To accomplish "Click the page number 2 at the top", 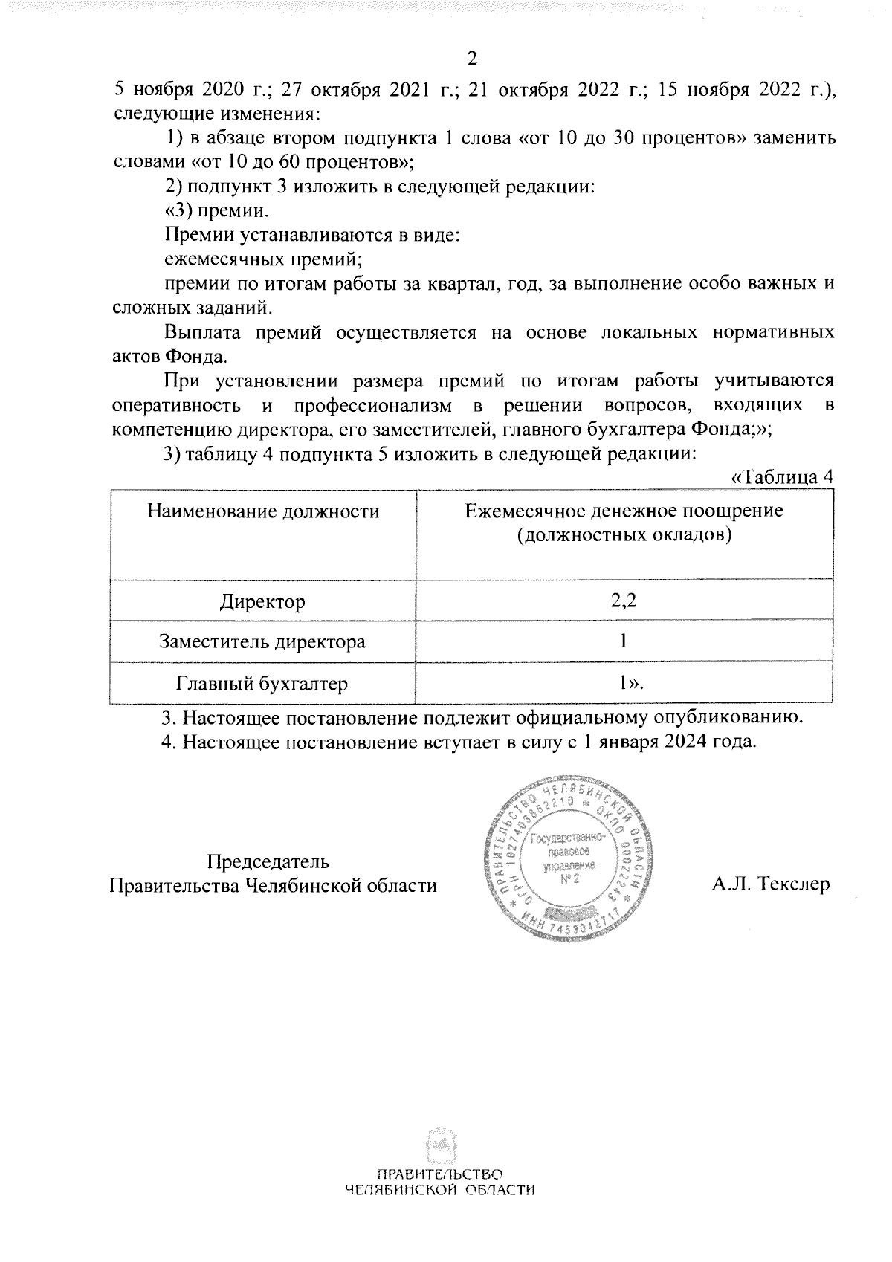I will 471,59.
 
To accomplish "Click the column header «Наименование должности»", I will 263,511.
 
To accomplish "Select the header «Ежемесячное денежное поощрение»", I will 624,511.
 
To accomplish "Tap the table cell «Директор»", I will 262,601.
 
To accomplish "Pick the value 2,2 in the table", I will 623,601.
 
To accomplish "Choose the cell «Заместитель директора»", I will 262,641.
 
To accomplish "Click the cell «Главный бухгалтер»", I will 262,683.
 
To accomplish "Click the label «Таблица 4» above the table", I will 781,478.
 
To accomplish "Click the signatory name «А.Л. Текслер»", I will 770,884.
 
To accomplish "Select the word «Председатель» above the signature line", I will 268,861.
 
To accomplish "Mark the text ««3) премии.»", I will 216,210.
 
